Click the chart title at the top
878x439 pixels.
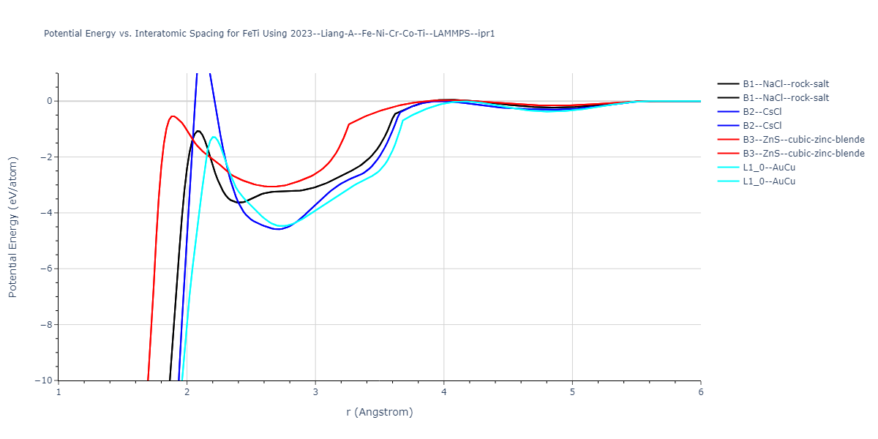(269, 34)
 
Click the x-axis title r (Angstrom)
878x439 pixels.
(379, 412)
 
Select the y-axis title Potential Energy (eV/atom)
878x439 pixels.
(12, 227)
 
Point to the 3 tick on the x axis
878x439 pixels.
(315, 391)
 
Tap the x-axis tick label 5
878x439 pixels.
(572, 391)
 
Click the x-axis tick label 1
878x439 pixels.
(59, 391)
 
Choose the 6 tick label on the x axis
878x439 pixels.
(700, 391)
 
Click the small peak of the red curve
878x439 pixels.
(173, 116)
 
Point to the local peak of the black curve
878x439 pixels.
(198, 131)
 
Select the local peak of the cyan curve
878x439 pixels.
(214, 137)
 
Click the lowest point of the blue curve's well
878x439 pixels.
(278, 229)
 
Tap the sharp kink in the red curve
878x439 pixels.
(349, 124)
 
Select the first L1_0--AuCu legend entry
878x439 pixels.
(769, 168)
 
